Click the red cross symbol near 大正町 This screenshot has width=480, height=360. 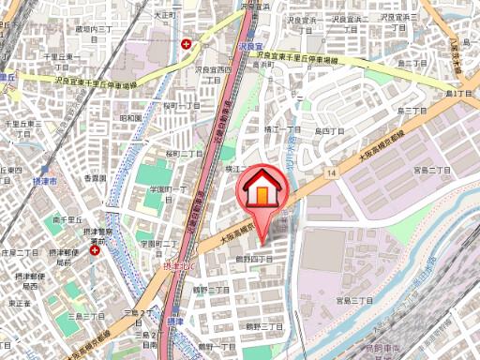[188, 44]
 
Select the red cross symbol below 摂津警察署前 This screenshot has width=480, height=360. [95, 250]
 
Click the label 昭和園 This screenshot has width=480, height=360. [130, 117]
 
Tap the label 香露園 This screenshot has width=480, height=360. [96, 177]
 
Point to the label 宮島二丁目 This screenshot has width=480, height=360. [432, 170]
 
